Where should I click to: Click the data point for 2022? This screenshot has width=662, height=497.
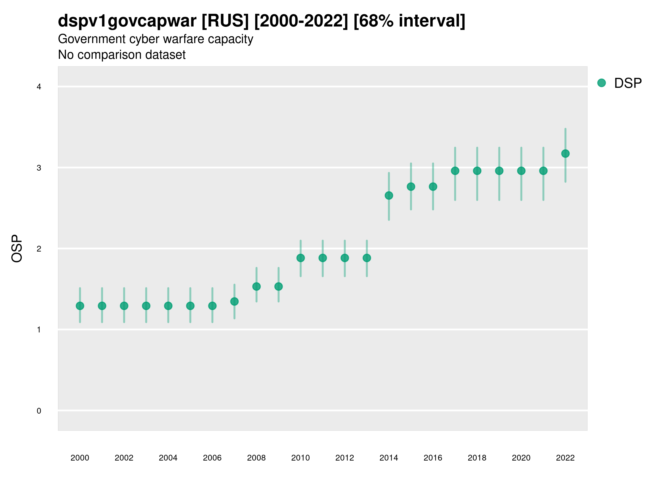click(565, 154)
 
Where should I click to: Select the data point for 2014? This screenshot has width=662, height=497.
click(389, 195)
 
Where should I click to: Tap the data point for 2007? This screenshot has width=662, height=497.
click(234, 302)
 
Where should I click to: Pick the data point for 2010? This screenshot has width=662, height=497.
click(300, 258)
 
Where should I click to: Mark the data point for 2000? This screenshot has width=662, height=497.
click(80, 306)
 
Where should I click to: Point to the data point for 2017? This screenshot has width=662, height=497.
click(455, 171)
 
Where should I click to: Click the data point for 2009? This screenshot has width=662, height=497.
click(278, 287)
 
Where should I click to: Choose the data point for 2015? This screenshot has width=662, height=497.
click(411, 187)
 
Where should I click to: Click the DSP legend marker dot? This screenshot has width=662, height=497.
click(601, 83)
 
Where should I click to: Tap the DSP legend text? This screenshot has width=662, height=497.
click(628, 83)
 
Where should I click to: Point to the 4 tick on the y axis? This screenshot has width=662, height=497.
click(39, 87)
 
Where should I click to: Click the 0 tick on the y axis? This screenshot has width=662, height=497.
click(39, 411)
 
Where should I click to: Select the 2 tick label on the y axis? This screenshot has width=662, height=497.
click(39, 249)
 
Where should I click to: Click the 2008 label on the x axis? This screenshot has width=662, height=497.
click(256, 458)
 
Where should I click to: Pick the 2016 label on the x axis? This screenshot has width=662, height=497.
click(433, 458)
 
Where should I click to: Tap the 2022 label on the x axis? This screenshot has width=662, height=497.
click(565, 458)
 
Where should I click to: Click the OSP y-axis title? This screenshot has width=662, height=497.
click(17, 249)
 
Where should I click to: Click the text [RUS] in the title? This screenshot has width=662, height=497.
click(225, 21)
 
